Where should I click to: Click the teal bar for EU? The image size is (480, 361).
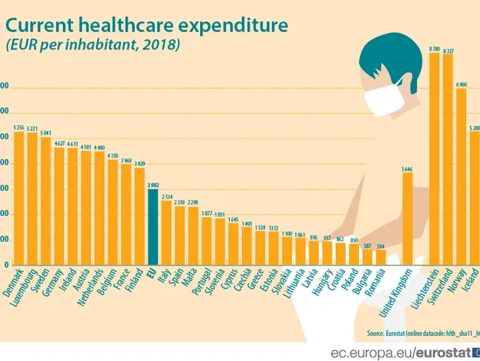153,227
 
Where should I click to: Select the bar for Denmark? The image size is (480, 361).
19,198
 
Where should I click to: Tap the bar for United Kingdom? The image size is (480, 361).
407,218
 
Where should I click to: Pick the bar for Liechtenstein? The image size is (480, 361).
434,159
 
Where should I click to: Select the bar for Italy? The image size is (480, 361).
166,232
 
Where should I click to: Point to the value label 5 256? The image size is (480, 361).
19,127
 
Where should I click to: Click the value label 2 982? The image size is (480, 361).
153,184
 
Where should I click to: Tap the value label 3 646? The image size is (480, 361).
407,169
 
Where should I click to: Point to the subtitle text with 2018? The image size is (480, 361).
92,45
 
